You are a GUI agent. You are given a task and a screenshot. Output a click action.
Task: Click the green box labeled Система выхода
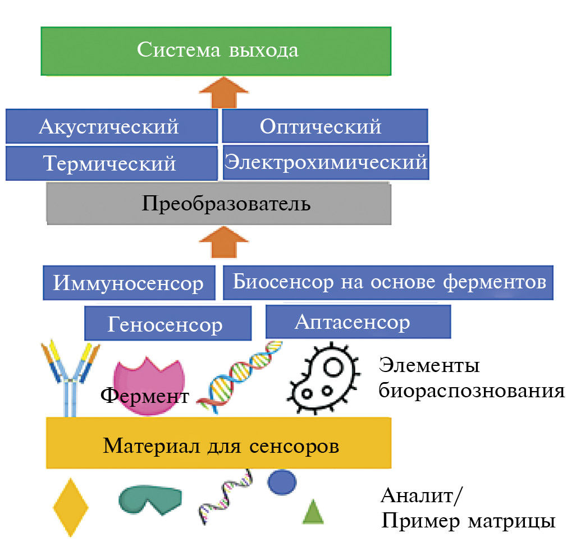coord(216,50)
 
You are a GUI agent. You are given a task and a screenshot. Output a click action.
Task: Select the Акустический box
coord(111,126)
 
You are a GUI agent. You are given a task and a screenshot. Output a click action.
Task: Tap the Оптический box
coord(324,126)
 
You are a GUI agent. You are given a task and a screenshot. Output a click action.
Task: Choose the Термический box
coord(111,163)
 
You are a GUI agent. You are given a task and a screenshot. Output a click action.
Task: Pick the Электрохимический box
coord(326,163)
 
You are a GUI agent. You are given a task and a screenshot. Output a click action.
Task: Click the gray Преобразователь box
coord(219,203)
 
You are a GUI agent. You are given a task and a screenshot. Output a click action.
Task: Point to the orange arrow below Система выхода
coord(223,93)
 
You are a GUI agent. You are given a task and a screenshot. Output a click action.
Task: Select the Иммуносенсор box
coord(129,283)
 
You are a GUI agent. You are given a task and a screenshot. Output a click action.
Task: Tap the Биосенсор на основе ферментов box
coord(388,282)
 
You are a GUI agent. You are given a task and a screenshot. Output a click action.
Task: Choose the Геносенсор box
coord(167,324)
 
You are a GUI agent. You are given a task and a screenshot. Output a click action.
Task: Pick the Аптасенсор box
coord(358,322)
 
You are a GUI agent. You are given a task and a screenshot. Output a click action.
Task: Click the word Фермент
coord(145,396)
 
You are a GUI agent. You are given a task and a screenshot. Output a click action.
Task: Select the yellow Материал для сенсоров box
coord(219,447)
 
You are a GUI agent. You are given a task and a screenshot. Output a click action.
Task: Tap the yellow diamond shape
coord(71,507)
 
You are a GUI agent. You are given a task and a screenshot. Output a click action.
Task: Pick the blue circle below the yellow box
coord(282,482)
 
